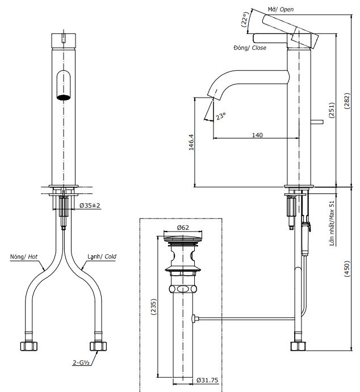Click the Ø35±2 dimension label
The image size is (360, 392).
90,205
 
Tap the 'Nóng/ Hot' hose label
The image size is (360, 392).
24,256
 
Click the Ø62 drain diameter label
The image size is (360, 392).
183,227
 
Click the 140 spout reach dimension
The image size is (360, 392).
257,135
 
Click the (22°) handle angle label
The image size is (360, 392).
245,20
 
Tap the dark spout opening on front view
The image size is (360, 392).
65,96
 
